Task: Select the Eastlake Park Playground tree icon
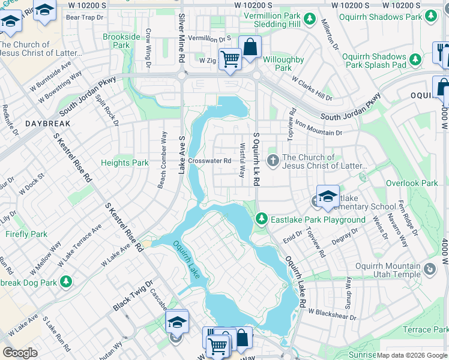[x=261, y=220]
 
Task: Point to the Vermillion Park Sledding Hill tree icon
[x=310, y=19]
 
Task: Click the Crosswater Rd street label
[x=209, y=161]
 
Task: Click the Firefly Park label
[x=26, y=234]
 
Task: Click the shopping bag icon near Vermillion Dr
[x=250, y=47]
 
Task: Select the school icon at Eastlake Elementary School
[x=328, y=197]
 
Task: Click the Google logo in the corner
[x=20, y=353]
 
